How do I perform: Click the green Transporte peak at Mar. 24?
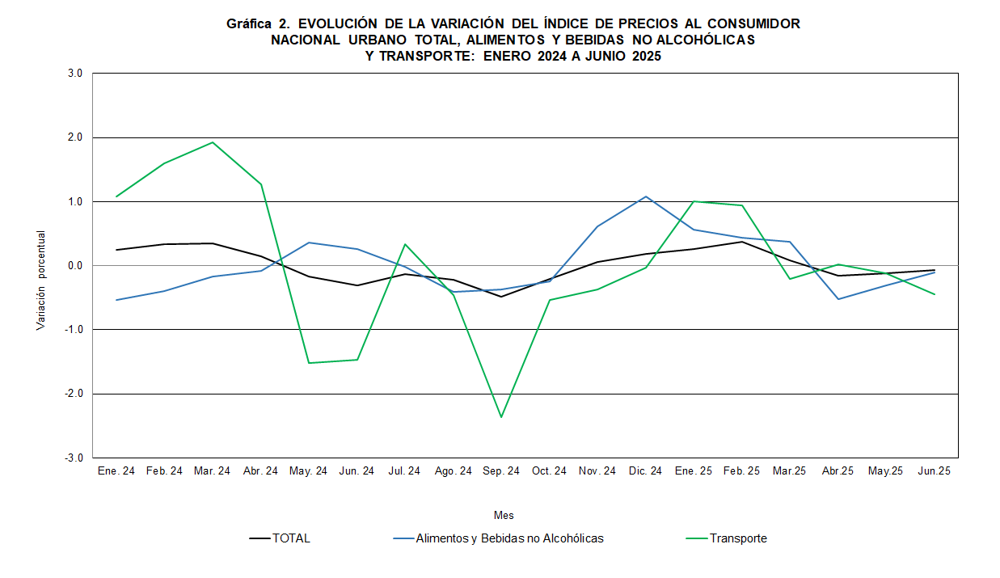pos(213,142)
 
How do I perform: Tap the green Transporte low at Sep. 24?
pos(501,417)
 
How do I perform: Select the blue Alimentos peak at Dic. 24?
pos(646,196)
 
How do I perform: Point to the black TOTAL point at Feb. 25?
pos(742,242)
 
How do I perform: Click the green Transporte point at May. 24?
pos(309,363)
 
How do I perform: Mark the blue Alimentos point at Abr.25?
pos(838,299)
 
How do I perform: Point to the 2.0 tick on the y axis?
pos(76,137)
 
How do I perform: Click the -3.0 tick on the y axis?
pos(75,458)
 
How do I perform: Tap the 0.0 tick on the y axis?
pos(76,265)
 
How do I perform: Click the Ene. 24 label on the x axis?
pos(116,471)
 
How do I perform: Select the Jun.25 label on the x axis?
pos(935,471)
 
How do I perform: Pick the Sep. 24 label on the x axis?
pos(501,471)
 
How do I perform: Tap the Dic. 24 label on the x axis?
pos(646,471)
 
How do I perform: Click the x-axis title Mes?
pos(504,515)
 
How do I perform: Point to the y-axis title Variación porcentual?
pos(41,281)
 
